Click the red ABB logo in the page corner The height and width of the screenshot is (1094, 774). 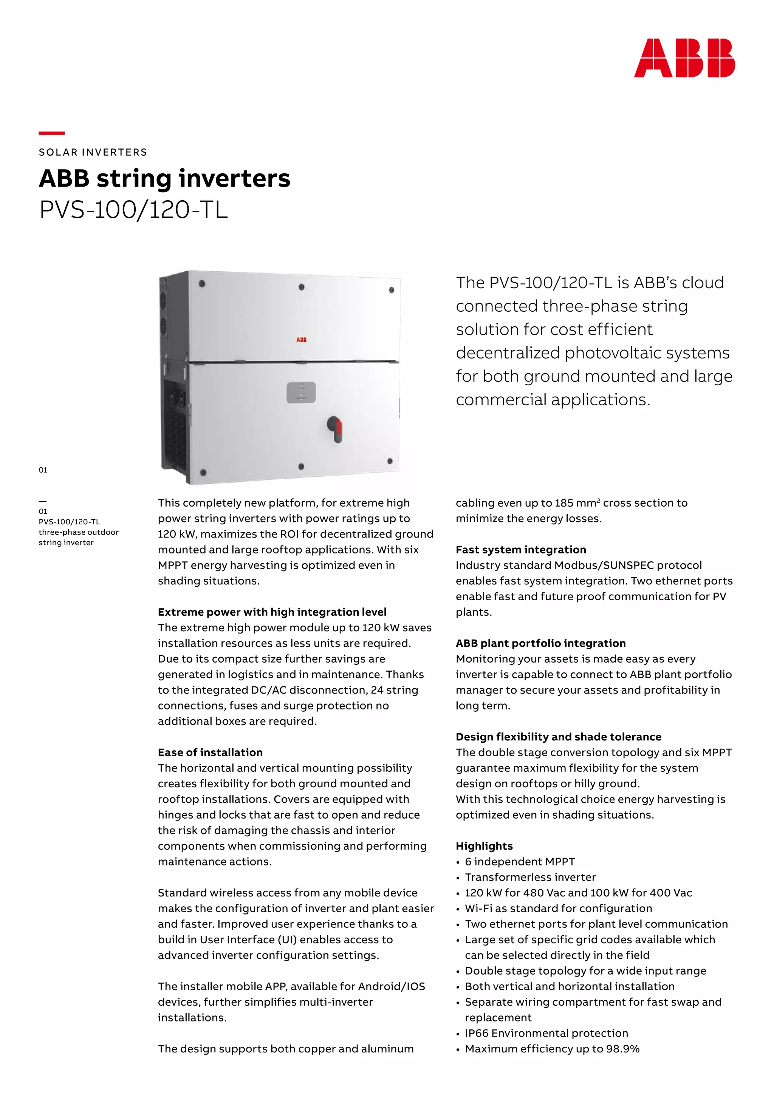(684, 58)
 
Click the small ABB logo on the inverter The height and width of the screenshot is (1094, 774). (301, 340)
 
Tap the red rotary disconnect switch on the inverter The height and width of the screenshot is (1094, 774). (336, 428)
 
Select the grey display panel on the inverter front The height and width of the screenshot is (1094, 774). (301, 392)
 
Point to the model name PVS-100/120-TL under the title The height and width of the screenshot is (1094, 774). (133, 210)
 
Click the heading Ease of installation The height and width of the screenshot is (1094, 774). (210, 753)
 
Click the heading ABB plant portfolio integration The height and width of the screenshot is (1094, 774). (540, 643)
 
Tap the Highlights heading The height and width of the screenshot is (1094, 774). (484, 846)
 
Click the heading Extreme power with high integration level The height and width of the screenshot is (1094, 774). (272, 612)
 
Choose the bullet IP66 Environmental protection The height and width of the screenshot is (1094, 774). (546, 1033)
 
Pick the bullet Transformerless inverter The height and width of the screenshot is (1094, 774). (530, 877)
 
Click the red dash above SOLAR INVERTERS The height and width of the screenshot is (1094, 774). (51, 133)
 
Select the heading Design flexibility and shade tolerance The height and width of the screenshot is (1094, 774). (558, 737)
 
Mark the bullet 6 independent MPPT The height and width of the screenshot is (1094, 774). (520, 861)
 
